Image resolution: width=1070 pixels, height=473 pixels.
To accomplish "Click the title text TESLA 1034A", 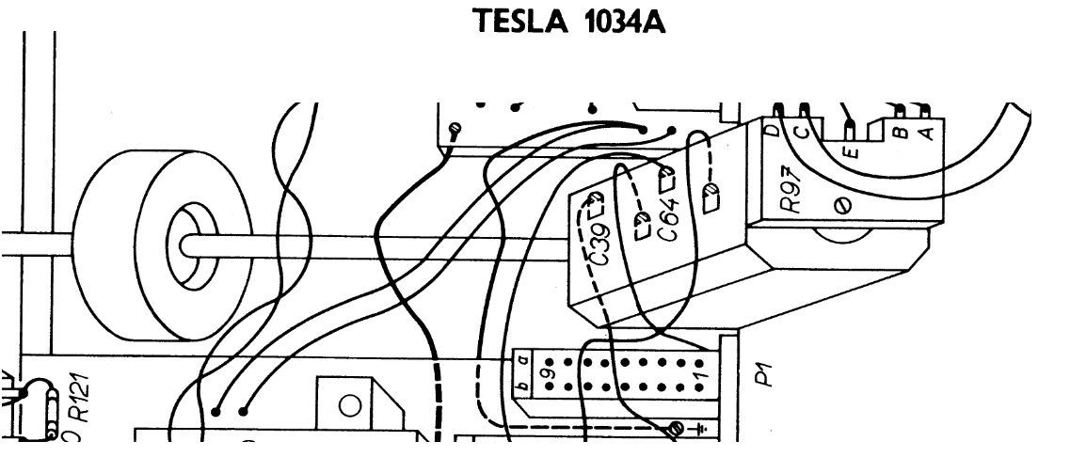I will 572,23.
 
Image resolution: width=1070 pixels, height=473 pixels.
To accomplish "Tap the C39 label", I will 588,248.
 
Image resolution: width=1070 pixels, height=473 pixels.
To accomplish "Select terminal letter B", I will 900,133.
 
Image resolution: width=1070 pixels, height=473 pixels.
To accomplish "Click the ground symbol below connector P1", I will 699,430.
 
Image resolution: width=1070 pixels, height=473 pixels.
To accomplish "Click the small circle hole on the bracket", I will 350,406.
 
